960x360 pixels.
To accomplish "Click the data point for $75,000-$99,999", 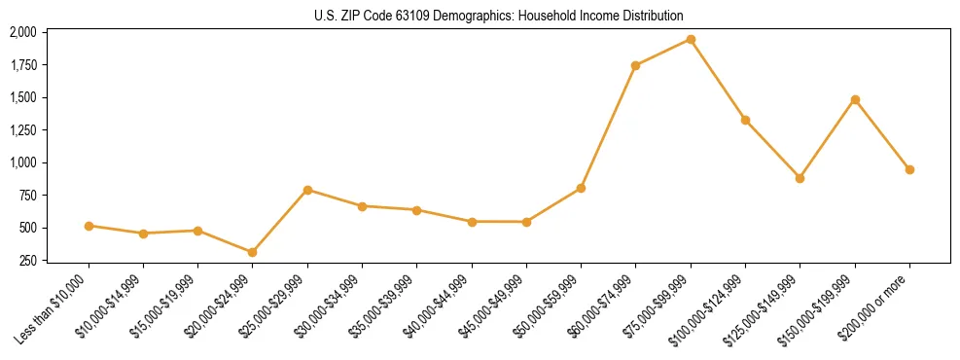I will pyautogui.click(x=691, y=40).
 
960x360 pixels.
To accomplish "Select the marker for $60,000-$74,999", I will pyautogui.click(x=635, y=66).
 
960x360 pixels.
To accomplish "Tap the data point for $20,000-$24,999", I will pyautogui.click(x=253, y=252).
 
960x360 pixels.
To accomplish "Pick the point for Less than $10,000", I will pyautogui.click(x=89, y=226).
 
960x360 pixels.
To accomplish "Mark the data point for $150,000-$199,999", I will pyautogui.click(x=855, y=99).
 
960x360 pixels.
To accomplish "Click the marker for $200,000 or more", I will pyautogui.click(x=909, y=169).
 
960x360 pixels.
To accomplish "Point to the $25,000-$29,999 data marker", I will pyautogui.click(x=307, y=190).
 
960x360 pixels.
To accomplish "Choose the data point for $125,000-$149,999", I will pyautogui.click(x=800, y=178).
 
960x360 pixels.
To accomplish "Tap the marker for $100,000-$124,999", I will pyautogui.click(x=745, y=120).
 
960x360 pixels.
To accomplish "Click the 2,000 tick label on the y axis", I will pyautogui.click(x=23, y=32).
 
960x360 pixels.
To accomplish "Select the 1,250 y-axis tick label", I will pyautogui.click(x=23, y=130).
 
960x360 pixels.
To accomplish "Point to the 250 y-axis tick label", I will pyautogui.click(x=28, y=261).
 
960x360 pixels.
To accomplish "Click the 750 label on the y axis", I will pyautogui.click(x=28, y=196).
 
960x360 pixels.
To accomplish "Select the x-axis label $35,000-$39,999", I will pyautogui.click(x=383, y=310).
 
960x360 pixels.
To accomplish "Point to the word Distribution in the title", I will pyautogui.click(x=650, y=16).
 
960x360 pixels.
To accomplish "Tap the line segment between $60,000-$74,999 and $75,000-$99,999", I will pyautogui.click(x=663, y=53).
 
